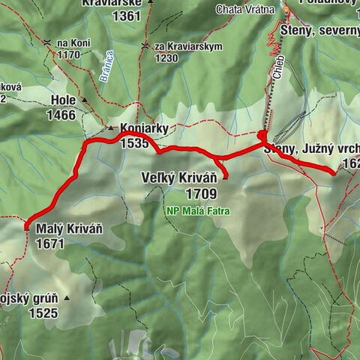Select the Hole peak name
pos(64,100)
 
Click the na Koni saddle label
pos(73,43)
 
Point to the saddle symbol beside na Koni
pos(48,43)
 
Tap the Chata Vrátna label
pos(241,9)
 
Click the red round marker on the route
pos(262,136)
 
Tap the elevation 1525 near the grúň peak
pos(43,313)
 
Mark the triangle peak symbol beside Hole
pos(85,100)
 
